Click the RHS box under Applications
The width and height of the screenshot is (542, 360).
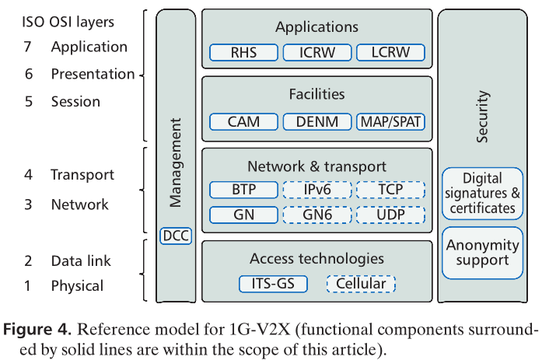point(243,54)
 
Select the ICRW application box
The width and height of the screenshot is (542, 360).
point(316,54)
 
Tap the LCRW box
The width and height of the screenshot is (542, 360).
point(390,54)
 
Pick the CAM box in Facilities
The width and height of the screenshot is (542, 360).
point(243,122)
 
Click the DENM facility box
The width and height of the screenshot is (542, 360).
point(316,122)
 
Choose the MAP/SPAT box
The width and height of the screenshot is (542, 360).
point(390,122)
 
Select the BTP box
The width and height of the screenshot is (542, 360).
point(243,190)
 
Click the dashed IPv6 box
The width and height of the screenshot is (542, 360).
point(316,190)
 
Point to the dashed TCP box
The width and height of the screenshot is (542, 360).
point(390,190)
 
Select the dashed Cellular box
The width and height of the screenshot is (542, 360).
point(361,284)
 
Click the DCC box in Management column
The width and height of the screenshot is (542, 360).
point(176,236)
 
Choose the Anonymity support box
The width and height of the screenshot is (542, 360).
point(482,253)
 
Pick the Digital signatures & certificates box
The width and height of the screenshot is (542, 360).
point(482,194)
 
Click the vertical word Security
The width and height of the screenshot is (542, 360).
point(483,117)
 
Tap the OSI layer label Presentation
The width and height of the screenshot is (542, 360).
point(93,74)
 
